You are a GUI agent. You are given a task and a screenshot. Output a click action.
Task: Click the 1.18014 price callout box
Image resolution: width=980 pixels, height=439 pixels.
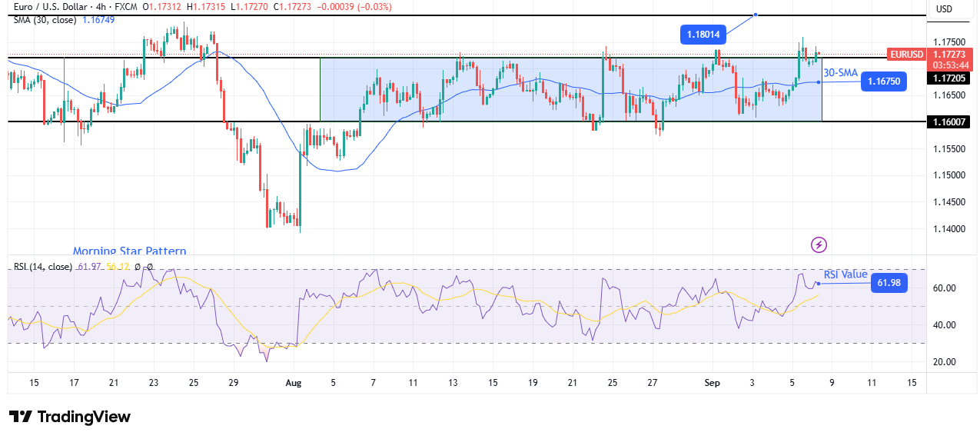(703, 35)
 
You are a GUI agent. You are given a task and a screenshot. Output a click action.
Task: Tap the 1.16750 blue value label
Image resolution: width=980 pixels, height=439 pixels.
(885, 81)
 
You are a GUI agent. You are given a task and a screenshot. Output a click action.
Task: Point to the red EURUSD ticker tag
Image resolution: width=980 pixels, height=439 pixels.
(906, 55)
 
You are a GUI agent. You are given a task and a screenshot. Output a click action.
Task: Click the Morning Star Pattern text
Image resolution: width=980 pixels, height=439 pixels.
(129, 251)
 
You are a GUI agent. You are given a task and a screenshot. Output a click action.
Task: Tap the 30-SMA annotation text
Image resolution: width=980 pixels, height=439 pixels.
(841, 73)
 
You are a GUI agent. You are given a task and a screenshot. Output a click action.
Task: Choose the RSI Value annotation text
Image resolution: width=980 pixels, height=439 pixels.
(845, 274)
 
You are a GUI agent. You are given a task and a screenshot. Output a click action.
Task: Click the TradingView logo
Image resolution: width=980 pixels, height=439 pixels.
(70, 417)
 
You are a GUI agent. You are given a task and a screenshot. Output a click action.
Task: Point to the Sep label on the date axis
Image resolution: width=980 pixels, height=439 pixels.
(712, 382)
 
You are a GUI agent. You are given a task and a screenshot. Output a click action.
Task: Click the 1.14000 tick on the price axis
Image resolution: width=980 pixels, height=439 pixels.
(951, 229)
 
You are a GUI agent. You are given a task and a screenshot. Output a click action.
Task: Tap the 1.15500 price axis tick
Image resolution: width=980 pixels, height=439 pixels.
(951, 149)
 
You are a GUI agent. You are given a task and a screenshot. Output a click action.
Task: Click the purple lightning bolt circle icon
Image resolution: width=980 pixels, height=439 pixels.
(819, 245)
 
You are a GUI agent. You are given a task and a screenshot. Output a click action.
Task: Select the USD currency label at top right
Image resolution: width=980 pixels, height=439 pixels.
(944, 9)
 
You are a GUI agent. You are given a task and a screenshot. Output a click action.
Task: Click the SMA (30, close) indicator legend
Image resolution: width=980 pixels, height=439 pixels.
(45, 20)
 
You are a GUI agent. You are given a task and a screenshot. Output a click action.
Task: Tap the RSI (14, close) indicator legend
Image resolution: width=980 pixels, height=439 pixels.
(43, 267)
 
